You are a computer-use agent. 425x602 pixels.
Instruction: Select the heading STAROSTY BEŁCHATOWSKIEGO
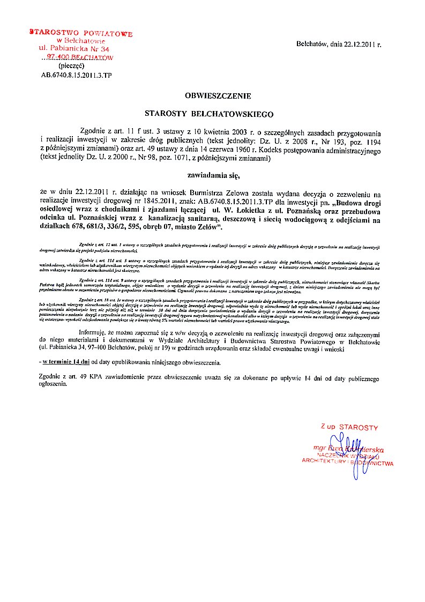210,114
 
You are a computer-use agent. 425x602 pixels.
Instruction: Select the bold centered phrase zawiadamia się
210,175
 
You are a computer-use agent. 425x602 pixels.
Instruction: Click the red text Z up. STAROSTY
349,427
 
